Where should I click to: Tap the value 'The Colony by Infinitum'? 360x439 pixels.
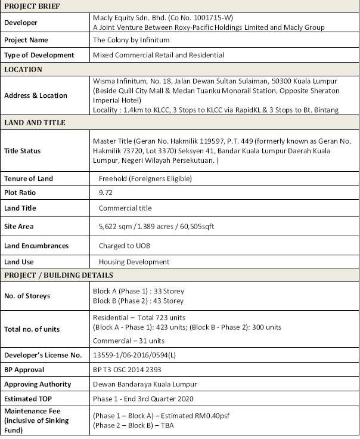(131, 40)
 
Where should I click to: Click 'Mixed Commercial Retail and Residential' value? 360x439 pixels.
(159, 55)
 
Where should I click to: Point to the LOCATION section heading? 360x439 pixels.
(23, 69)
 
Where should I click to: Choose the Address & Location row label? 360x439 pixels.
(36, 95)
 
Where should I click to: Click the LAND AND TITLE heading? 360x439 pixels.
(35, 123)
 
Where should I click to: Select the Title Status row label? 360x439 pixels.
(23, 151)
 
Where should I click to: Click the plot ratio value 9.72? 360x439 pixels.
(105, 193)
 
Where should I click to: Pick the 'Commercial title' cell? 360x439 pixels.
(125, 208)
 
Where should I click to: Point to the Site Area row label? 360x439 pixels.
(19, 227)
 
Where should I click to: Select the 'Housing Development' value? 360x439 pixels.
(134, 262)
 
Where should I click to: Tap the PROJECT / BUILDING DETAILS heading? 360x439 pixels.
(58, 276)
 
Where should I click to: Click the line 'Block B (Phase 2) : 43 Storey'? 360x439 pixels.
(139, 301)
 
